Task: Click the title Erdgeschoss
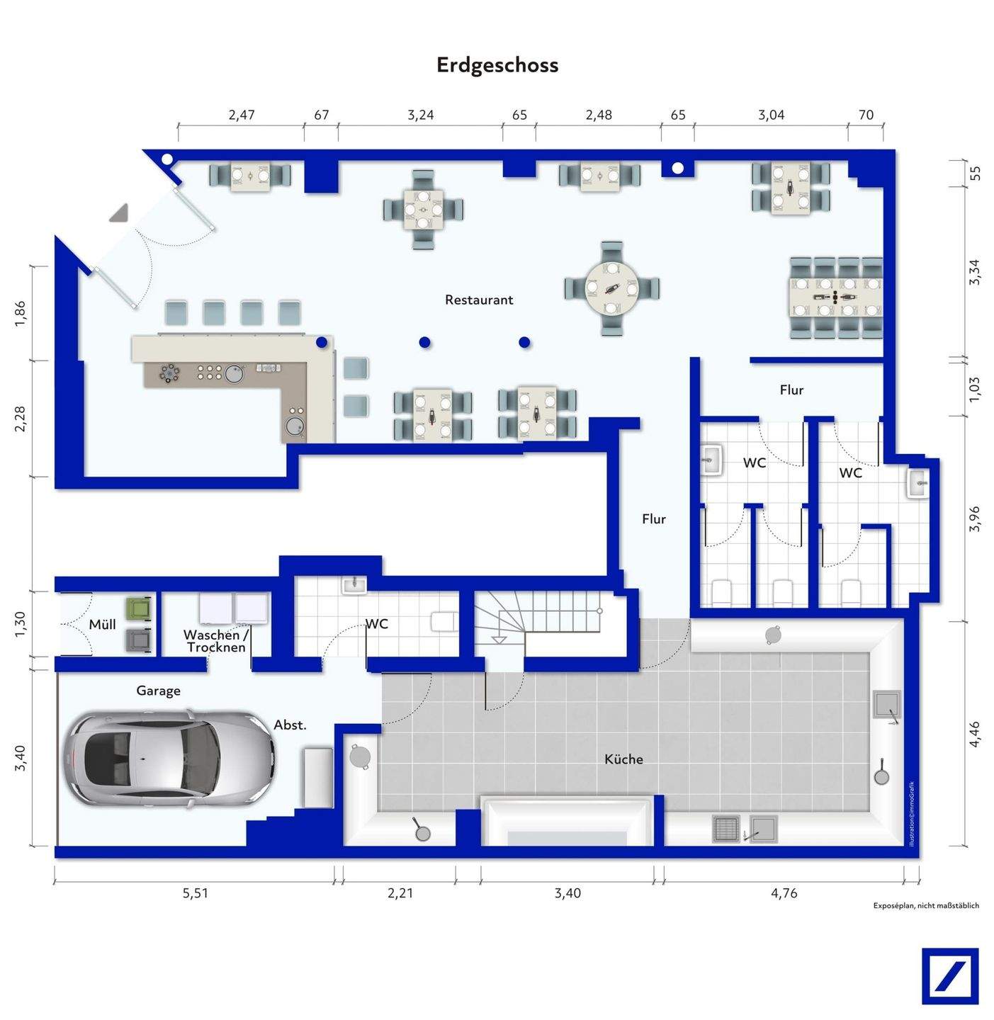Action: pyautogui.click(x=497, y=65)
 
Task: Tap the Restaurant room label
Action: pyautogui.click(x=479, y=300)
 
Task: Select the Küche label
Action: pyautogui.click(x=623, y=759)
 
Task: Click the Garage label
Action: pyautogui.click(x=158, y=691)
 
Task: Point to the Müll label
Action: pyautogui.click(x=102, y=624)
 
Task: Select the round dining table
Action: pyautogui.click(x=612, y=288)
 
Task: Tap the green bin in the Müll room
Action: pyautogui.click(x=139, y=608)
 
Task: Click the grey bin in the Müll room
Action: pyautogui.click(x=139, y=640)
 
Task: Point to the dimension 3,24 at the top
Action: pyautogui.click(x=420, y=115)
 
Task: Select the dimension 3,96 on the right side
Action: pyautogui.click(x=974, y=519)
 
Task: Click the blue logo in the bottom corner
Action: pyautogui.click(x=950, y=976)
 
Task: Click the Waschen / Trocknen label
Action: pyautogui.click(x=216, y=641)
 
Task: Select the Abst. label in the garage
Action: pyautogui.click(x=290, y=725)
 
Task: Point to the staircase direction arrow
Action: pyautogui.click(x=499, y=640)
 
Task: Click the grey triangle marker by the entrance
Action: pyautogui.click(x=119, y=212)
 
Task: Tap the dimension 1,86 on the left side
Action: pyautogui.click(x=20, y=314)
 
